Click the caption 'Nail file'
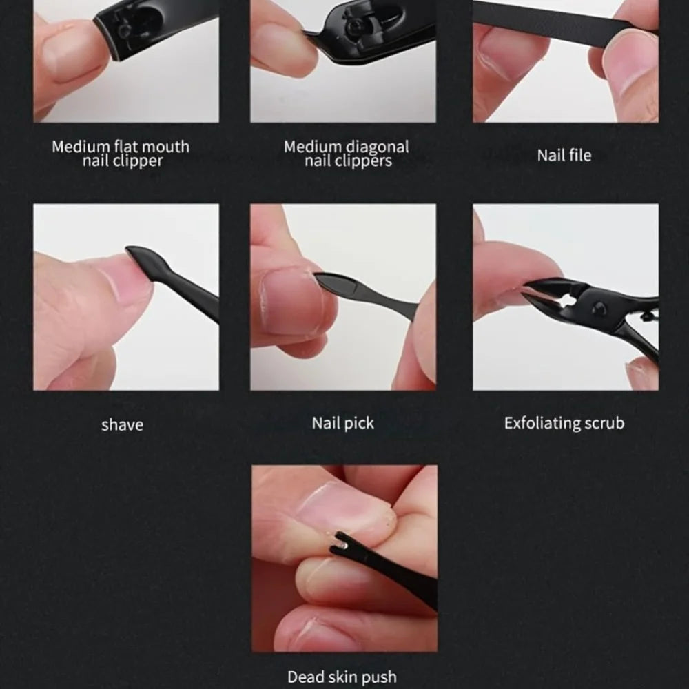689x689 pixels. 564,155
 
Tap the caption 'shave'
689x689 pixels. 122,425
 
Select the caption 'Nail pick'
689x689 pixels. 342,423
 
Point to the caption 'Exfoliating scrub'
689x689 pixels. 564,423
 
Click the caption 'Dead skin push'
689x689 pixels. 342,677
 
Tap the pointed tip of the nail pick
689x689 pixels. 315,276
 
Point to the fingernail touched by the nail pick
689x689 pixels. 291,300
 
